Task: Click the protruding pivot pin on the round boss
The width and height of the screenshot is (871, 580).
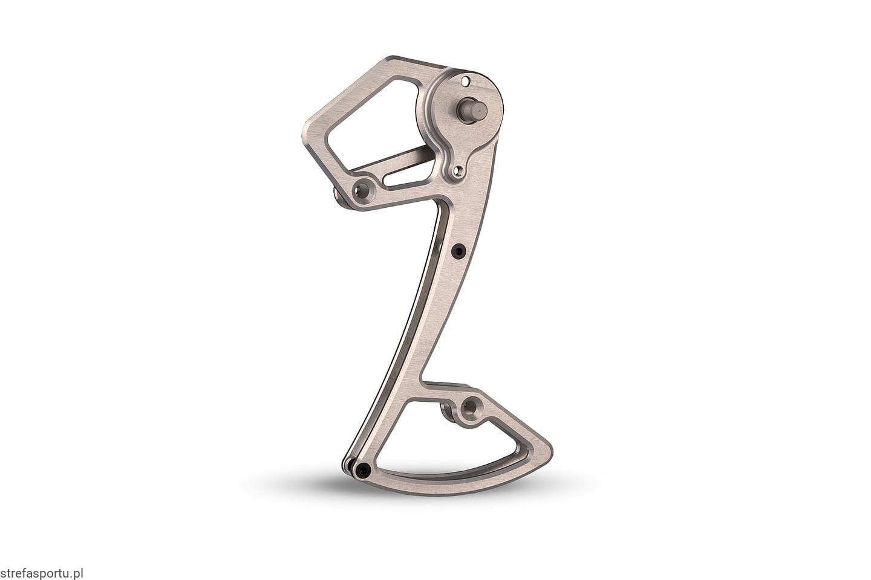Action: pos(473,111)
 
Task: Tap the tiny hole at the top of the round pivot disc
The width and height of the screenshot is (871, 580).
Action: pos(464,82)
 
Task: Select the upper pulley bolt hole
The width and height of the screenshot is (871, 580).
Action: pos(362,190)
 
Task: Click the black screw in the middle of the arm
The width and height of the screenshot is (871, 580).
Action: pos(459,251)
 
